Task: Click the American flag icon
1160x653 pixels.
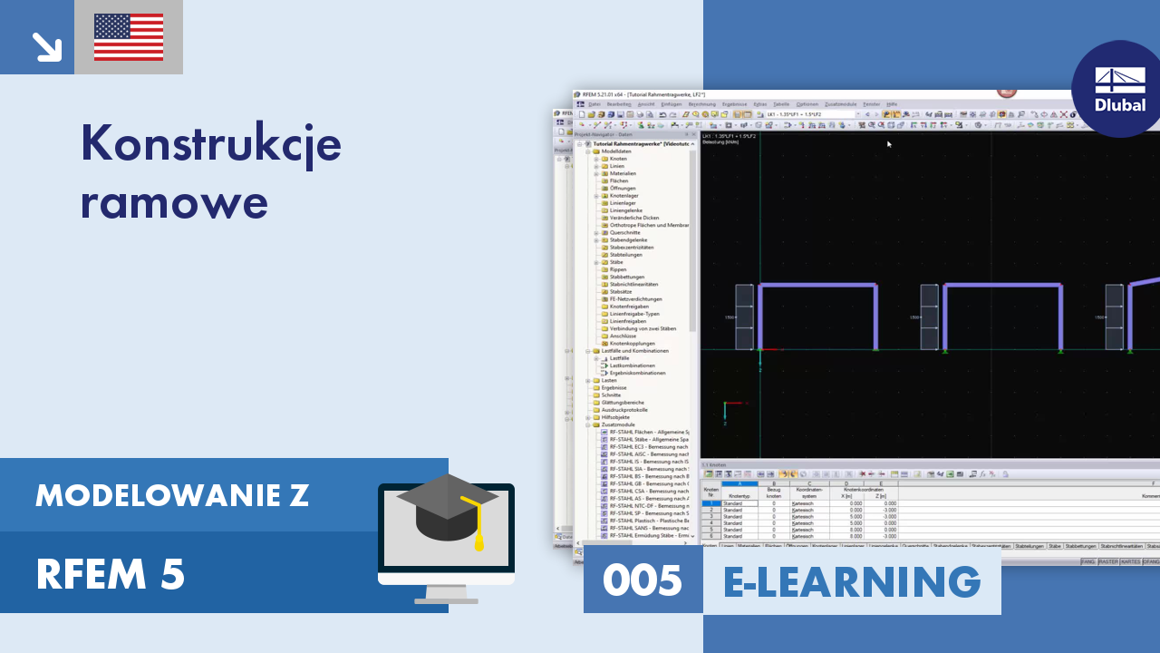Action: click(129, 37)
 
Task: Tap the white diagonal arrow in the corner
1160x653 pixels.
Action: click(45, 46)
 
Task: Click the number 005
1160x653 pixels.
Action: click(642, 580)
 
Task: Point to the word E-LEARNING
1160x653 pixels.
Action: click(852, 580)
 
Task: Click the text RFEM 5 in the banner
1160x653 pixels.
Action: click(110, 574)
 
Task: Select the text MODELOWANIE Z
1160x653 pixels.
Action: click(172, 495)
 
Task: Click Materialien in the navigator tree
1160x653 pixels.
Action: click(623, 173)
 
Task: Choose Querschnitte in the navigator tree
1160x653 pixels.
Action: click(625, 232)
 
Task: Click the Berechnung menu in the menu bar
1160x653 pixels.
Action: click(701, 104)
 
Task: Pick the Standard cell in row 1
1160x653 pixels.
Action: click(733, 503)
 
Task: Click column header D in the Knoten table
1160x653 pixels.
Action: click(846, 483)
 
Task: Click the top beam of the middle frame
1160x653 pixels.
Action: click(1002, 287)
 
